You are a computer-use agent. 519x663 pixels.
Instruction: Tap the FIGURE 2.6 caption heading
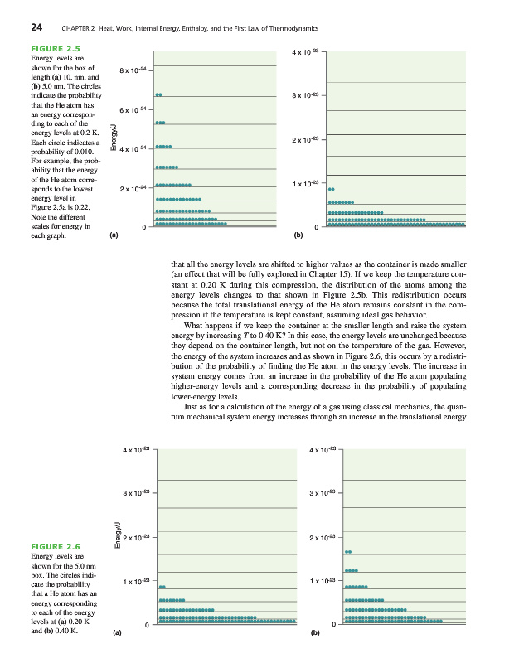pos(54,547)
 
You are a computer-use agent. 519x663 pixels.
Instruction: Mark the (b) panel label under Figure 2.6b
pos(315,636)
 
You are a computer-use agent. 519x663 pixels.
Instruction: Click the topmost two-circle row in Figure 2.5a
pos(158,95)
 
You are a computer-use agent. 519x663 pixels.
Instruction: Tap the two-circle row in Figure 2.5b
pos(332,190)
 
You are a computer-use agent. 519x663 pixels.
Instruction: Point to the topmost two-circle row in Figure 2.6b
pos(348,551)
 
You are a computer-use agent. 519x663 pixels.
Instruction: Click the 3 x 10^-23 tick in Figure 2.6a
pos(136,495)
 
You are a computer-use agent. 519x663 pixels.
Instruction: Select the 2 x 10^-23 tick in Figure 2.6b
pos(321,539)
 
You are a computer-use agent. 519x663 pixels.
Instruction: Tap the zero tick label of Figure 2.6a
pos(146,625)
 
